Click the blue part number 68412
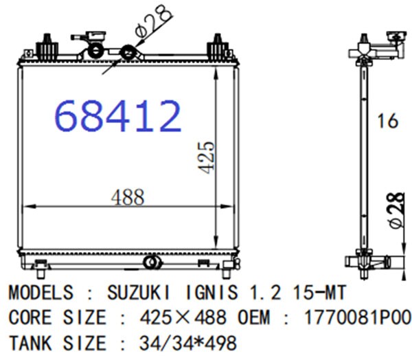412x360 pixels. point(118,116)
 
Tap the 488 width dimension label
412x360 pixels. point(128,197)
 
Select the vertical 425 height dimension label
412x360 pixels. point(207,157)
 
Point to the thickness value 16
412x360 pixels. point(387,121)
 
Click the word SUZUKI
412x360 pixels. point(139,293)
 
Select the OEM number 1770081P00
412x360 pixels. point(356,317)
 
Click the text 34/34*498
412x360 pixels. point(188,343)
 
